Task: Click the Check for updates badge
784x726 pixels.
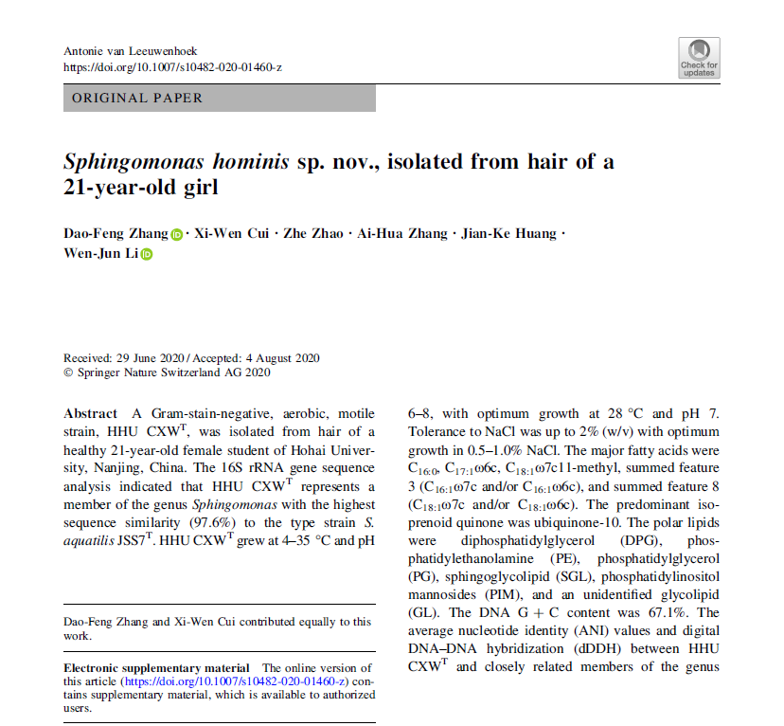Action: pos(699,57)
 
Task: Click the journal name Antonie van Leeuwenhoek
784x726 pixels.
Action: pos(129,50)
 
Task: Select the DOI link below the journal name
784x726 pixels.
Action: pos(172,66)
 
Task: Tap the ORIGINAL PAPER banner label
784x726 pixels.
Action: pos(137,98)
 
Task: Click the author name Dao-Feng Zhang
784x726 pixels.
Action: pos(116,234)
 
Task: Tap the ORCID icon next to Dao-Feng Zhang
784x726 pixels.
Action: pos(178,235)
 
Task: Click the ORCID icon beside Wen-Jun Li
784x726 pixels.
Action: pos(146,255)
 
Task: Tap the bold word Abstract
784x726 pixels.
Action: pos(91,414)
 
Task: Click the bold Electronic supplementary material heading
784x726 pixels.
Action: pos(156,668)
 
